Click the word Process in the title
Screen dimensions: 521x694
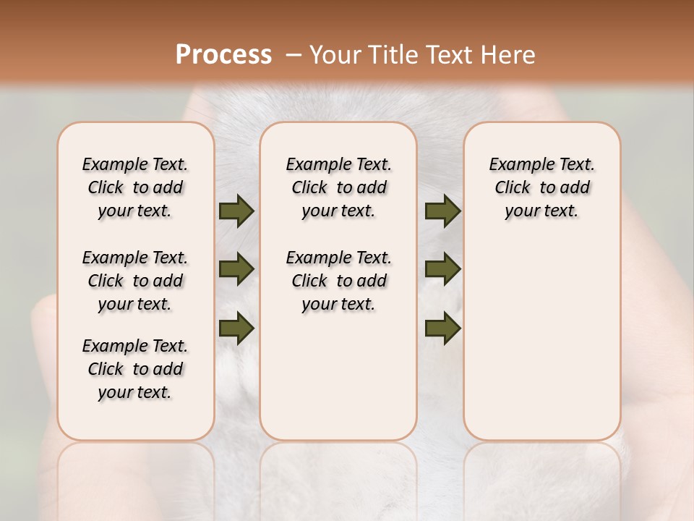pos(223,55)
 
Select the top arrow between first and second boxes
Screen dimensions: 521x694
pos(236,211)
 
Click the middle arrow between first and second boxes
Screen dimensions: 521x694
pos(236,269)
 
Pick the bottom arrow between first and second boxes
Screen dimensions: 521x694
pos(236,329)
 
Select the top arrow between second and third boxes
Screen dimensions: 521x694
pos(442,211)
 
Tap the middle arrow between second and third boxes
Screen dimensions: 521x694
pos(442,269)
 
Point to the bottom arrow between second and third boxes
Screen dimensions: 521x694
pos(442,329)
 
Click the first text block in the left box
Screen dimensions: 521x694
pos(135,187)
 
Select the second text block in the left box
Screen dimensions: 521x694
pos(135,281)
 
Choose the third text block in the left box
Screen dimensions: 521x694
pos(135,369)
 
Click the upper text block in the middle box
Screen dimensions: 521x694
pos(338,187)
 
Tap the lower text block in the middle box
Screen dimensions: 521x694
pos(338,281)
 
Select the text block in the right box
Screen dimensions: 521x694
pos(541,187)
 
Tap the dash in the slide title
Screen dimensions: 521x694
pos(294,55)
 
